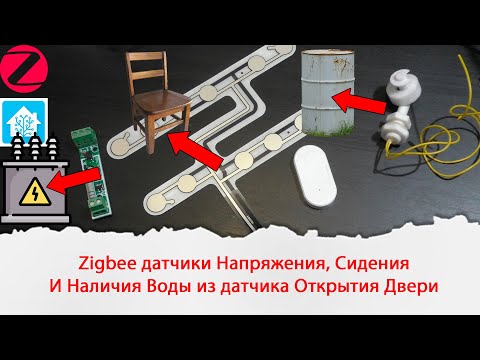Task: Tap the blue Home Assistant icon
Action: click(19, 118)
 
